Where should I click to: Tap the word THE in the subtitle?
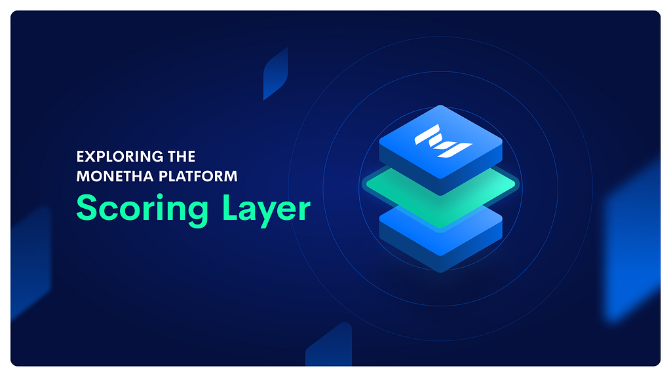[181, 157]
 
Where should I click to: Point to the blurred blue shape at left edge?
[30, 262]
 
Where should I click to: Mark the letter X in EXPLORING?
[90, 157]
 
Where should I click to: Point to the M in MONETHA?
[83, 176]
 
